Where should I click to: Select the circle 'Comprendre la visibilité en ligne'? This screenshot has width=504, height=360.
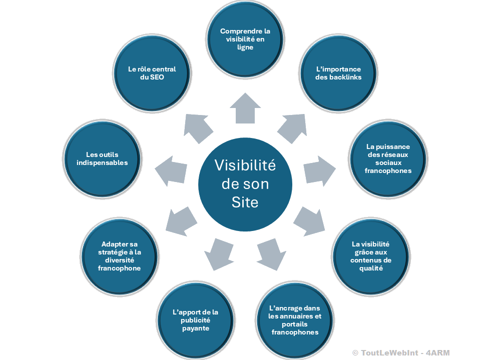(245, 39)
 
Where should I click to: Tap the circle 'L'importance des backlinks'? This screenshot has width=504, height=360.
(339, 73)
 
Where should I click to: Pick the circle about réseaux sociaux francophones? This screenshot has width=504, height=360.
(388, 158)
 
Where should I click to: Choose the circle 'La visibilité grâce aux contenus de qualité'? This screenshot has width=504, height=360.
(371, 255)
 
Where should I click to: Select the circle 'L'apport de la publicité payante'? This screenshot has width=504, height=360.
(196, 320)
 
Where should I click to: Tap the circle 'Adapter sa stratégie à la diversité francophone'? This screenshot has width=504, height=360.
(120, 255)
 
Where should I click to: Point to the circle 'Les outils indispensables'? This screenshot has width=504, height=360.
(103, 158)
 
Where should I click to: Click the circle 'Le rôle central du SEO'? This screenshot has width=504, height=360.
(152, 73)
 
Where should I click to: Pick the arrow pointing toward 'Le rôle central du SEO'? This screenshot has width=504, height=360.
(197, 128)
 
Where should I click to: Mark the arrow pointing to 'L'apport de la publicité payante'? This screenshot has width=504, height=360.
(218, 252)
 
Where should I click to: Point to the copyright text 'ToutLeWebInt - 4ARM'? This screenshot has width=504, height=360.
(400, 352)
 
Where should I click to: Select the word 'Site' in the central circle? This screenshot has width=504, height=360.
(245, 202)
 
